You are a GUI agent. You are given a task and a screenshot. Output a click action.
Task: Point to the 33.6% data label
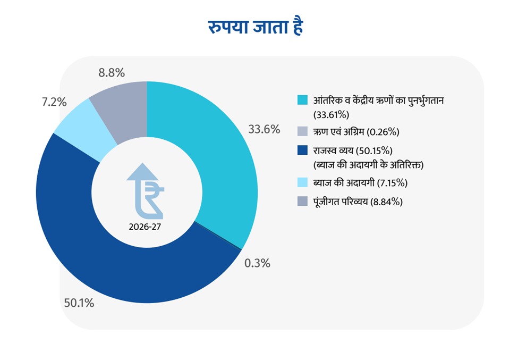tap(264, 129)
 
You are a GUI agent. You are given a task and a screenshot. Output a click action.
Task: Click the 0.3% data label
tap(257, 263)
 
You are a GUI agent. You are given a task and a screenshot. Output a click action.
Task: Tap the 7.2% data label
tap(54, 103)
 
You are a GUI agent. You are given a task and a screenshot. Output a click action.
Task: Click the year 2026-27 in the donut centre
tap(145, 226)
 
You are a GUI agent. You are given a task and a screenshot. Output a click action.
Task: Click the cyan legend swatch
tap(303, 100)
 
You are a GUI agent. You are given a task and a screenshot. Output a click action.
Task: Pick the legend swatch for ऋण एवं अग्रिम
tap(303, 131)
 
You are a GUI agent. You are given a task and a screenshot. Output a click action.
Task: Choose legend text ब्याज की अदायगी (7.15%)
tap(360, 183)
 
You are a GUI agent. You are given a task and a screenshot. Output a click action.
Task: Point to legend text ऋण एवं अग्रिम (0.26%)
tap(353, 131)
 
